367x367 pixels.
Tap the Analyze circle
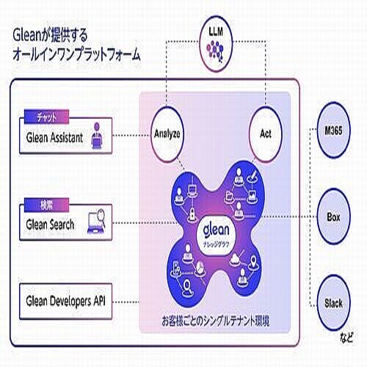click(x=168, y=134)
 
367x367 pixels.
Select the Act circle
click(x=266, y=134)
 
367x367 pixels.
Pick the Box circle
click(x=333, y=217)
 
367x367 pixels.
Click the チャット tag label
click(x=47, y=117)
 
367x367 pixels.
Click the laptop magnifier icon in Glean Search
click(x=97, y=221)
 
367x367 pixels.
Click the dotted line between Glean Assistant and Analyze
click(x=132, y=134)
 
